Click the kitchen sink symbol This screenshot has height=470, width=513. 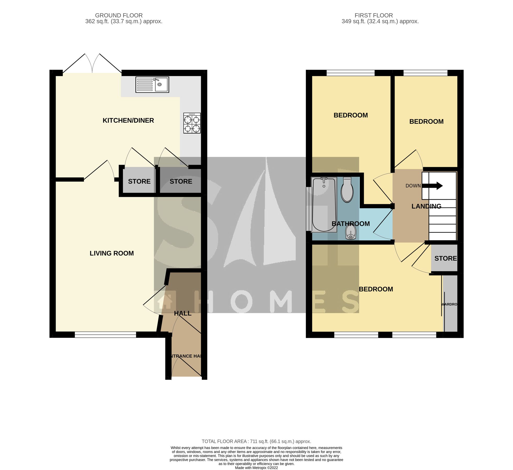[152, 84]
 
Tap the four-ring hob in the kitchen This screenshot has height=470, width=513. [192, 123]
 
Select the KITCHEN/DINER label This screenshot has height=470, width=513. [128, 120]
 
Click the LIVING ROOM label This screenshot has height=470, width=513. [112, 253]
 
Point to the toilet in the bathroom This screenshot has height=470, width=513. [347, 190]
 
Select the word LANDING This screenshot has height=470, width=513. [426, 206]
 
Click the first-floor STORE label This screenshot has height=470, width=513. [445, 258]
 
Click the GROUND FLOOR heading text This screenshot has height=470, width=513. [119, 15]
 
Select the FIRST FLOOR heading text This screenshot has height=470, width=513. [374, 15]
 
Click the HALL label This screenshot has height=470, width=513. [183, 313]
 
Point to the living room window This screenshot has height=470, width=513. [105, 335]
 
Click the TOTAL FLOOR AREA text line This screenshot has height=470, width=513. [256, 442]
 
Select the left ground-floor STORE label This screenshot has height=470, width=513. [139, 181]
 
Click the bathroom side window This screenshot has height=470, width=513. [309, 209]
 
